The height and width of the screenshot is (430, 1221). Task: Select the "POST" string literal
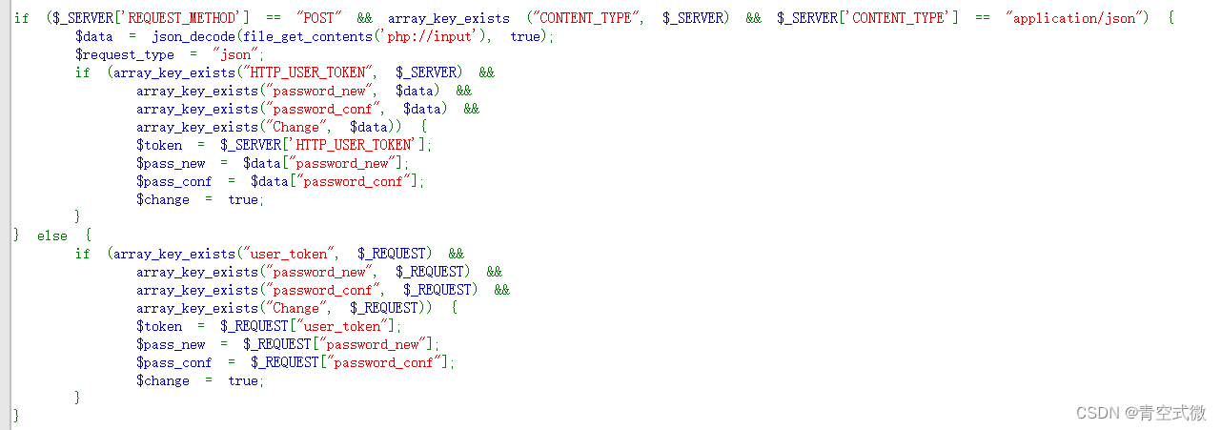[x=319, y=18]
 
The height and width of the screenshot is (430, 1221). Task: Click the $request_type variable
[x=125, y=54]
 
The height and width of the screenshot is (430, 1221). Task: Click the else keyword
[x=52, y=235]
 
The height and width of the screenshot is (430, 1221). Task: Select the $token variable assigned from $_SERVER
[x=159, y=145]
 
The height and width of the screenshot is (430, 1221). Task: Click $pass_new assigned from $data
[x=171, y=163]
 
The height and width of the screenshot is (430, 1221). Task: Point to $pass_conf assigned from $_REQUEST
[x=174, y=362]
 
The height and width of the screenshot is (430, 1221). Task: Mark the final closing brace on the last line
[x=16, y=416]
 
